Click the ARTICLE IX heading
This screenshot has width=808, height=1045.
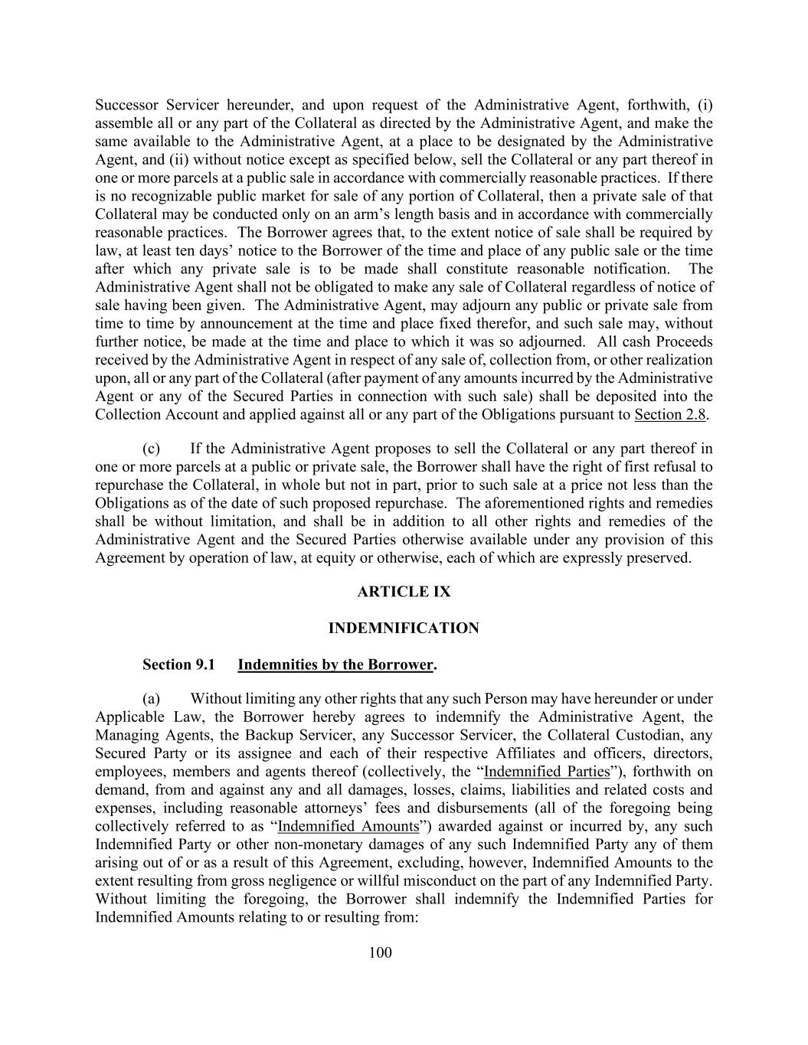point(404,592)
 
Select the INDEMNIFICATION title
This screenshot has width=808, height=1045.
point(404,629)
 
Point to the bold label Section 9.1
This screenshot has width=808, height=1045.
point(177,665)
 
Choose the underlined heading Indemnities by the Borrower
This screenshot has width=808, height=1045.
point(335,665)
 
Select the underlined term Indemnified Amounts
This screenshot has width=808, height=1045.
point(348,827)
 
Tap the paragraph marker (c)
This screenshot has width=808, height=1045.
point(151,449)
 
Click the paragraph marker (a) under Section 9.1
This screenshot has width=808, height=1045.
point(151,699)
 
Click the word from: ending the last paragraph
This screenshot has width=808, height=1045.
point(399,917)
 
